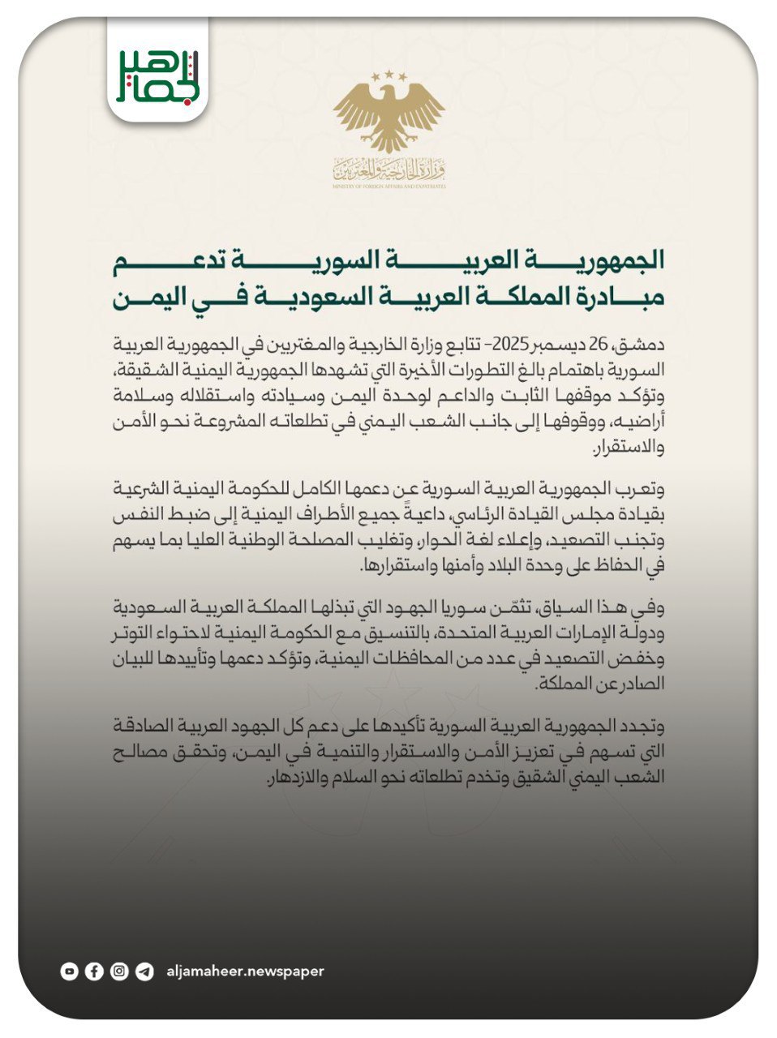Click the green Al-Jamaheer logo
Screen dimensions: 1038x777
click(157, 75)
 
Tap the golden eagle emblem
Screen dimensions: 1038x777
click(388, 118)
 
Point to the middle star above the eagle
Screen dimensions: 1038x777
click(388, 74)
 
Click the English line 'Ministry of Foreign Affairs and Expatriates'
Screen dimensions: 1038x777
click(388, 187)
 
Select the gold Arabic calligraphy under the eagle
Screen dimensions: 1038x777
click(388, 170)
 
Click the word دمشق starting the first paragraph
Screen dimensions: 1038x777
click(644, 341)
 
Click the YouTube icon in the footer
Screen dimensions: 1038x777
click(70, 971)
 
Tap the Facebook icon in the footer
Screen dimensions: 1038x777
click(94, 971)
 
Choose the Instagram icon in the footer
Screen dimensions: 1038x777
click(119, 971)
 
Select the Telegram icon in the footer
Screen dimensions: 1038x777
click(144, 971)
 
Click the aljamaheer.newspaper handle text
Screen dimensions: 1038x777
click(244, 971)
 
